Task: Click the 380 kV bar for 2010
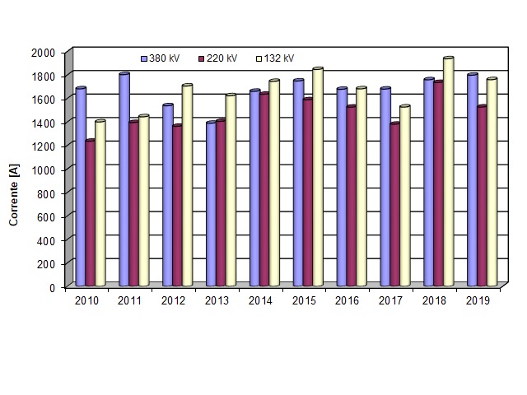81,187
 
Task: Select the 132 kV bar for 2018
449,172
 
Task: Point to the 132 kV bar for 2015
318,177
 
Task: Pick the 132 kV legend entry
276,58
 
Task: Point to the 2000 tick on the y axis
44,52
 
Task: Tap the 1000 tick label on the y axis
44,170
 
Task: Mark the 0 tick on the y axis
52,287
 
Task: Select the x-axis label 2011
130,301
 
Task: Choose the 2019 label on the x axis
478,301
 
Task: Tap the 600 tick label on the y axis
48,216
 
